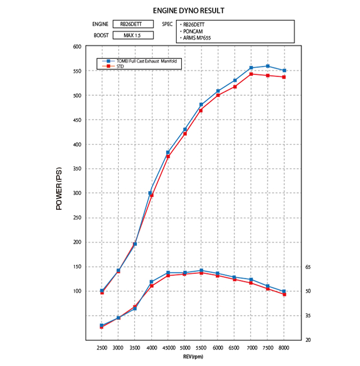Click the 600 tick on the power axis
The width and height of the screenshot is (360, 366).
click(76, 47)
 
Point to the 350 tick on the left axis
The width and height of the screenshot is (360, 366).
click(76, 169)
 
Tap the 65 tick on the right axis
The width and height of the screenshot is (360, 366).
click(308, 266)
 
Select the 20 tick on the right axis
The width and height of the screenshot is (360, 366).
click(308, 340)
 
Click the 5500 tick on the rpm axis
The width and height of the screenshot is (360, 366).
click(201, 348)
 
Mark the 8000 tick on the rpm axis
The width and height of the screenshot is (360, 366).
click(284, 348)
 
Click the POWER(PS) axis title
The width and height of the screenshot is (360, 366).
click(59, 188)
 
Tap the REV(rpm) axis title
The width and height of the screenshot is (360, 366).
click(193, 356)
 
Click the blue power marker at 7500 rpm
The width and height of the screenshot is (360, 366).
click(267, 66)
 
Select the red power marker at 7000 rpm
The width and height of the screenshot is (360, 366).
click(251, 74)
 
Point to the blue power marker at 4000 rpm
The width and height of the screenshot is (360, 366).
click(151, 193)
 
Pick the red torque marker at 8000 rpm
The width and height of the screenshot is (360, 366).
click(284, 294)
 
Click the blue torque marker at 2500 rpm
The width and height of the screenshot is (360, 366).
click(102, 325)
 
